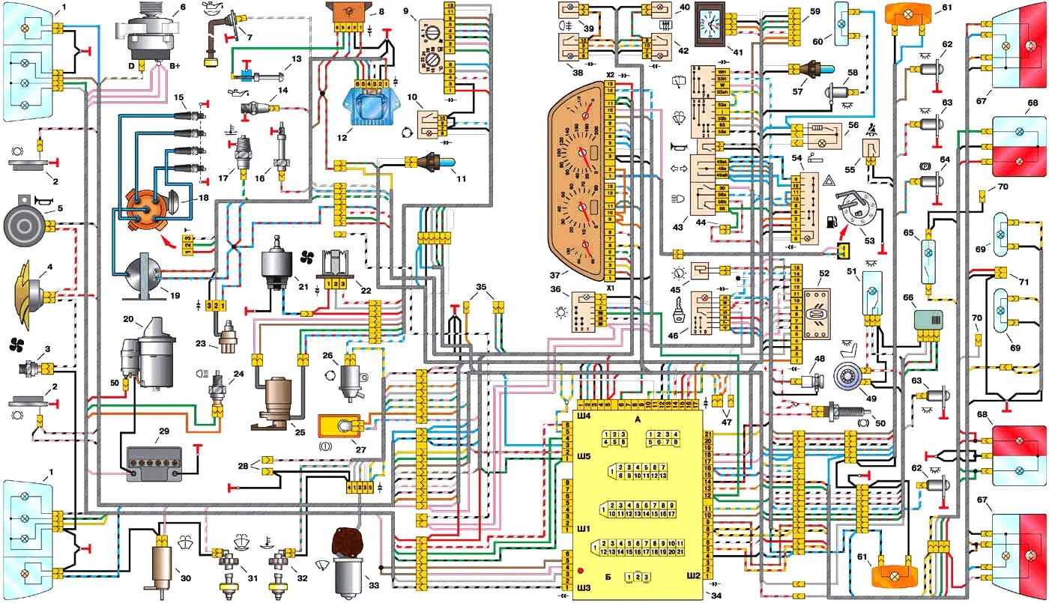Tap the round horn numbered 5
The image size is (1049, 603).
click(27, 222)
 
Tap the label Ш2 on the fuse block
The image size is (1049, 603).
click(694, 576)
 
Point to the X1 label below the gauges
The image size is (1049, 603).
click(610, 287)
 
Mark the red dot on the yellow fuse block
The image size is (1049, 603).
click(581, 571)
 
